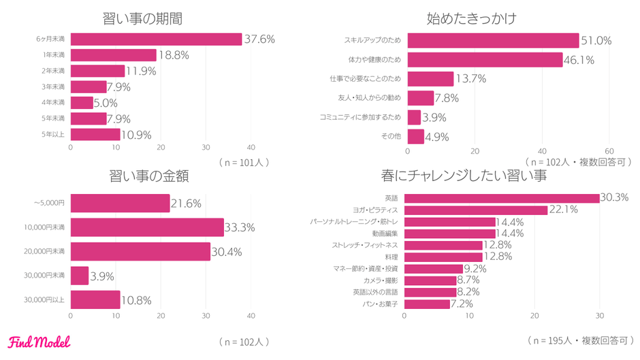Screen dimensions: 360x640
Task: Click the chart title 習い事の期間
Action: tap(146, 18)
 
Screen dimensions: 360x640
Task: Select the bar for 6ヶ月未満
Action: tap(156, 39)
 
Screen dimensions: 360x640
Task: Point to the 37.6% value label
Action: tap(259, 39)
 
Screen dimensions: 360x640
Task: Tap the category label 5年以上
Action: tap(54, 134)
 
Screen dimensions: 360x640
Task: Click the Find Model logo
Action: tap(39, 341)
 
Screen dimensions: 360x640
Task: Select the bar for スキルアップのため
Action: tap(493, 41)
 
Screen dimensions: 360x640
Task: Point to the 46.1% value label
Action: tap(579, 60)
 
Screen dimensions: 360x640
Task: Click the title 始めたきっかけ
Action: tap(471, 18)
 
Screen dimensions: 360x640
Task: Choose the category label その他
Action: tap(391, 136)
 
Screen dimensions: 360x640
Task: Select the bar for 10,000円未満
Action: tap(147, 227)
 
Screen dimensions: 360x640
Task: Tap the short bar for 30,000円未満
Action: tap(80, 276)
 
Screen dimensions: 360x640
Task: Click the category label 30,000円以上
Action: tap(44, 300)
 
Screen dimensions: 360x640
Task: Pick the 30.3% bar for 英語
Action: tap(502, 198)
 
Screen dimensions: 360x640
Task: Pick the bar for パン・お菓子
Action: tap(427, 304)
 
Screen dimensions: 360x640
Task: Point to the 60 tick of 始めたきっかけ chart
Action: tap(609, 151)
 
